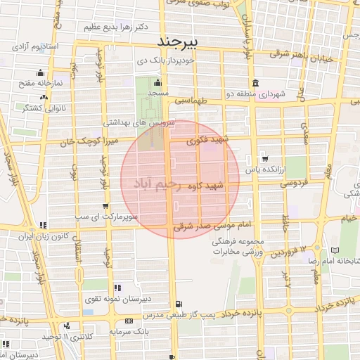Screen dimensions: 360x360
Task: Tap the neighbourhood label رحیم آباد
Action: pyautogui.click(x=155, y=184)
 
